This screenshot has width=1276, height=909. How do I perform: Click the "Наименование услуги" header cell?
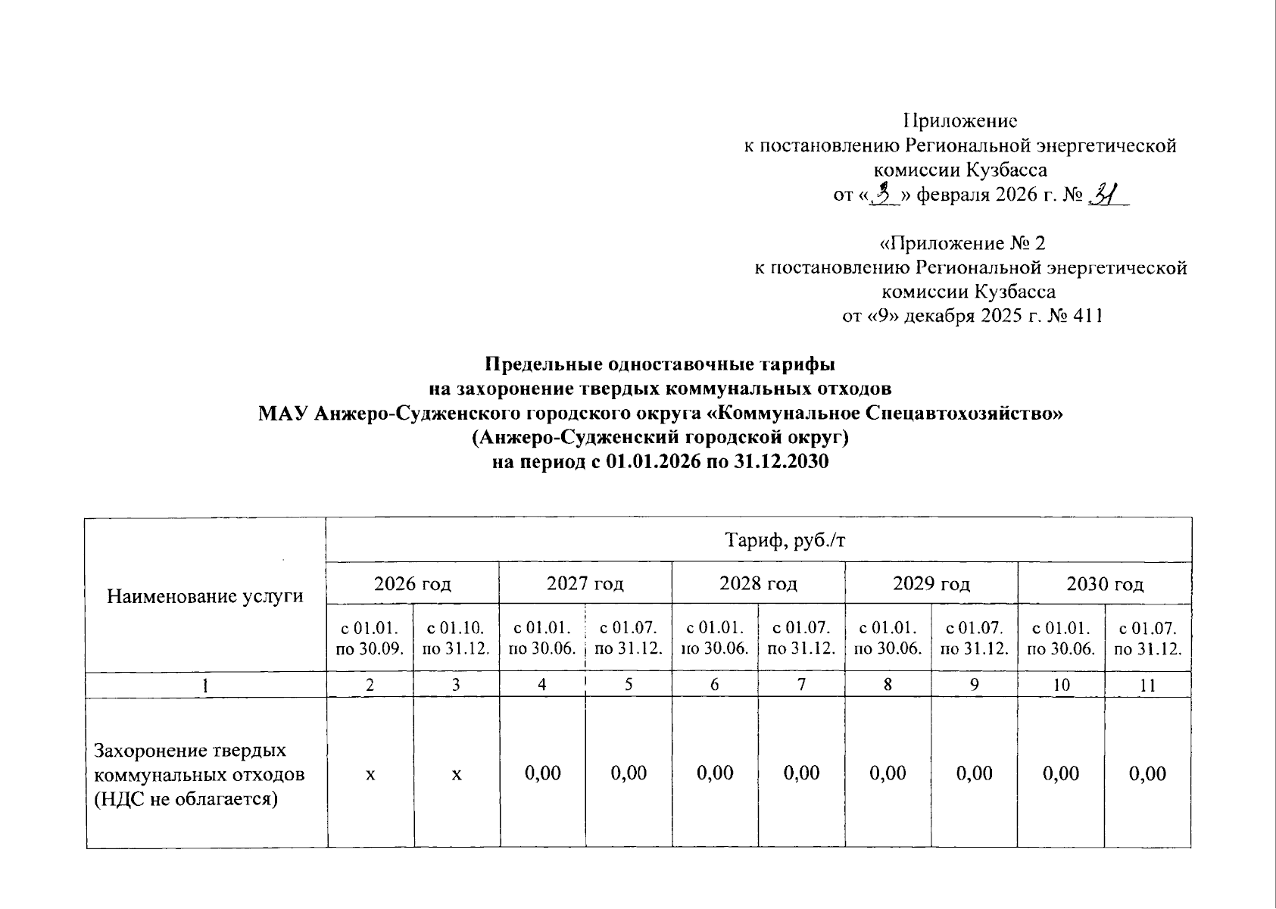[205, 596]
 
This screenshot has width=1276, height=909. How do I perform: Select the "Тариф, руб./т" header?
[758, 540]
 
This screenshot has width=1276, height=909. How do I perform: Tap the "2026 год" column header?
[412, 583]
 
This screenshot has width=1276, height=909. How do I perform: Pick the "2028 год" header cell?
[758, 583]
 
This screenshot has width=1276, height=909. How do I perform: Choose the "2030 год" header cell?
[1104, 583]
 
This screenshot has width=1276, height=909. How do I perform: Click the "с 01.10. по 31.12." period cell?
[456, 638]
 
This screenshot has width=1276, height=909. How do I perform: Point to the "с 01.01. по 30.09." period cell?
[370, 638]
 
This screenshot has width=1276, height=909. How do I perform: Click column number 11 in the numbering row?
[1147, 686]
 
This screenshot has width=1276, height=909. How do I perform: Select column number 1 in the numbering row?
[205, 686]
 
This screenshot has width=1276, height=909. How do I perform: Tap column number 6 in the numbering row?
[714, 686]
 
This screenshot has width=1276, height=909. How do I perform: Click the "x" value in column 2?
[370, 773]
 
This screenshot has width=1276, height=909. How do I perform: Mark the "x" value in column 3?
[456, 773]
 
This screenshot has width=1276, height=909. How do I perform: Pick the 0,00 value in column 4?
[542, 773]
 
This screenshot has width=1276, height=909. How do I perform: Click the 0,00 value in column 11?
[1147, 773]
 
